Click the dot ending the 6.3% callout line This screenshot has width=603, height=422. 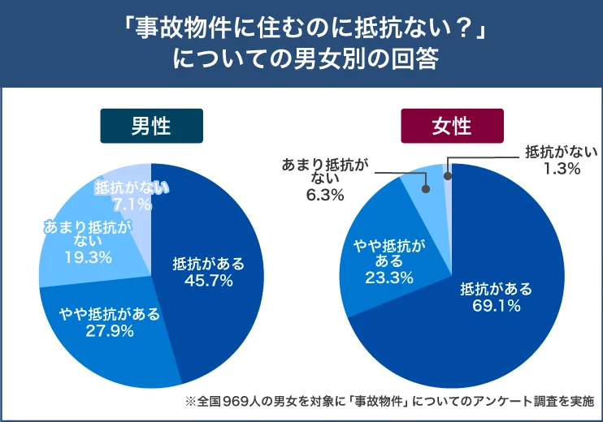coord(424,188)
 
